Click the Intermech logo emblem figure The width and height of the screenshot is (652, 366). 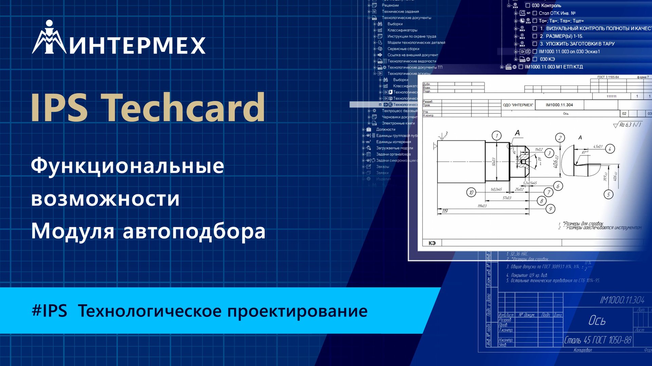tap(49, 38)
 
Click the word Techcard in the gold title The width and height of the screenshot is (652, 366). tap(183, 108)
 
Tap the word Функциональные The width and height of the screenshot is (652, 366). tap(127, 166)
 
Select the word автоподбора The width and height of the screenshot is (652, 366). tap(194, 231)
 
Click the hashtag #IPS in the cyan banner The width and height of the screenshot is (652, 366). tap(49, 311)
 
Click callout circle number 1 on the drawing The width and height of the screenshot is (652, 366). tap(496, 136)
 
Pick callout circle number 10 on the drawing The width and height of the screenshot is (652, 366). tap(471, 192)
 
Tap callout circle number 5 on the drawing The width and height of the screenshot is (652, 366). tap(608, 194)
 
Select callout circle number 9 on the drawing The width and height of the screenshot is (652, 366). tap(550, 209)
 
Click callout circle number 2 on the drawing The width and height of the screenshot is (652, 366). tap(560, 137)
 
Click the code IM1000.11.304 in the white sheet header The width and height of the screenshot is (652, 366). tap(559, 105)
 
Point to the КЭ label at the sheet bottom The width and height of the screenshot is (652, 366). tap(432, 243)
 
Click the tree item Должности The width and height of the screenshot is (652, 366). tap(385, 129)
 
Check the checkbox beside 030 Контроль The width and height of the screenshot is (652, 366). tap(528, 5)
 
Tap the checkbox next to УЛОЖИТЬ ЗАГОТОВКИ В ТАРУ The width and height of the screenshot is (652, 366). tap(535, 44)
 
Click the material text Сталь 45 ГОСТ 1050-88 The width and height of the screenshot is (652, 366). tap(598, 340)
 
